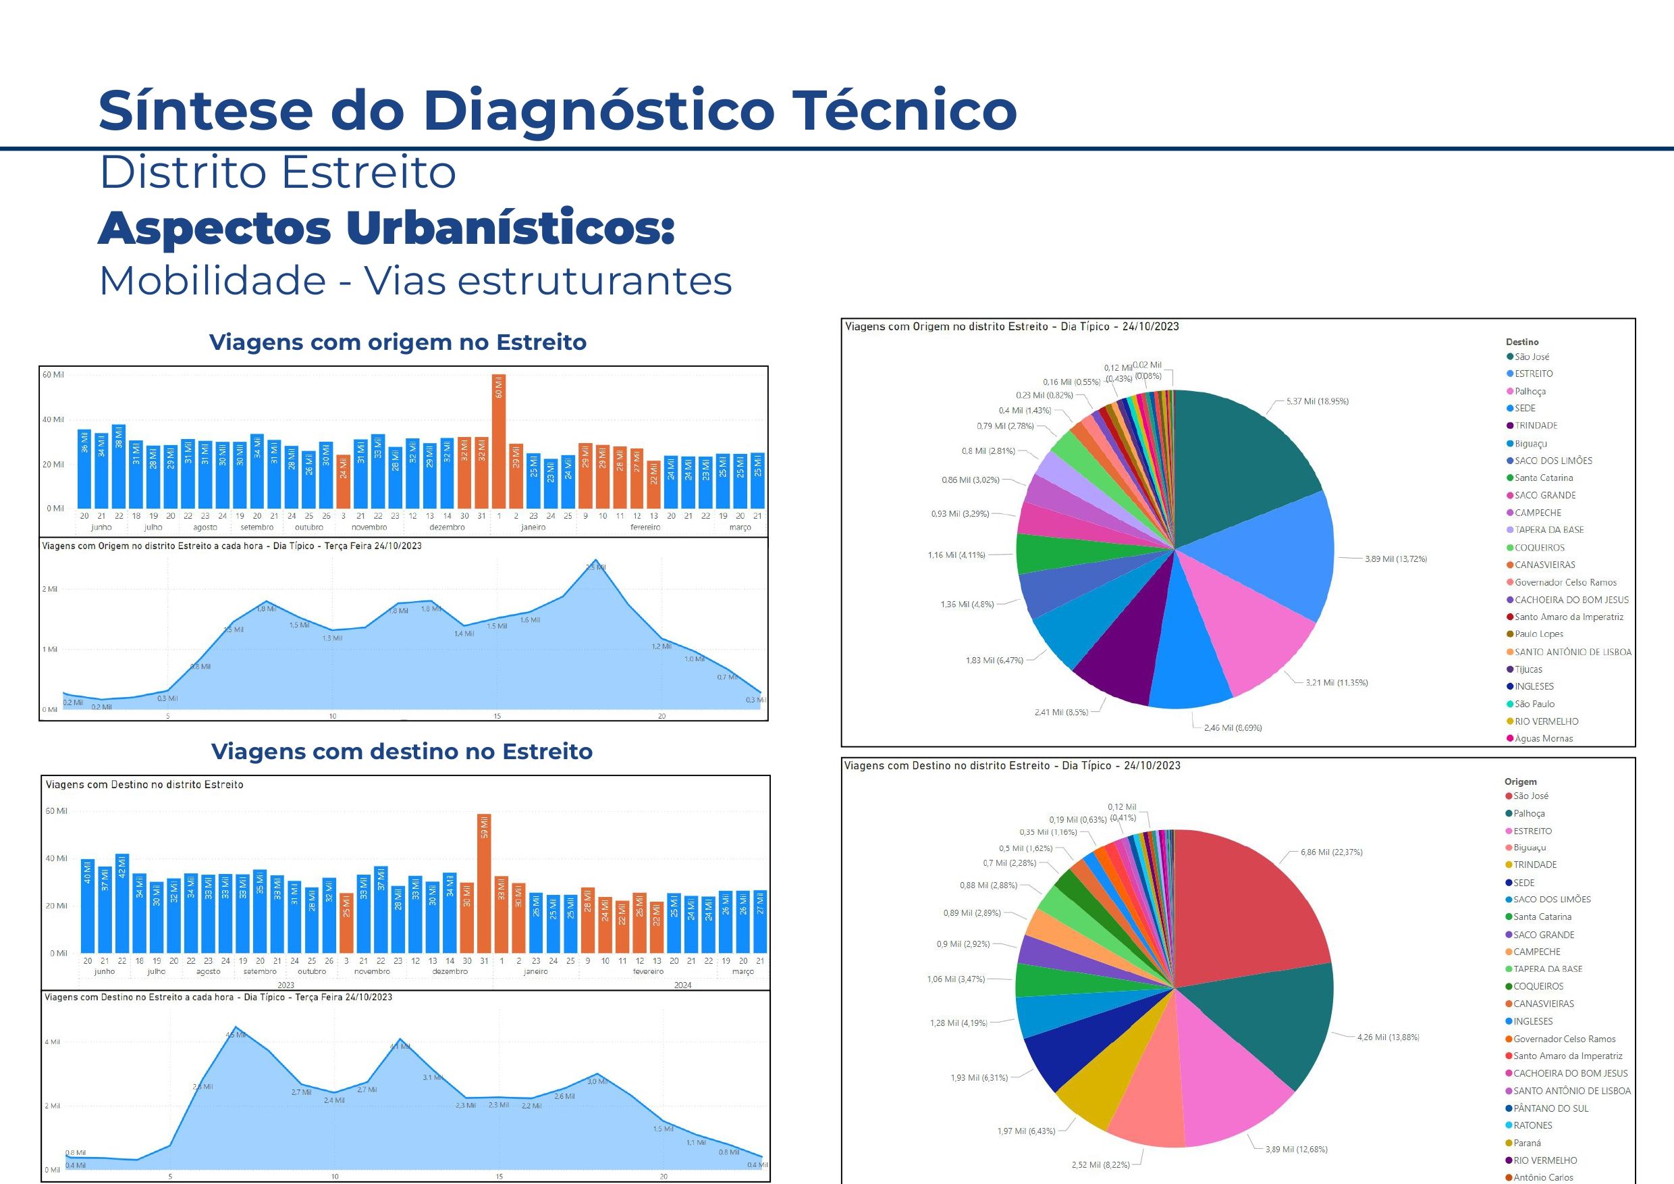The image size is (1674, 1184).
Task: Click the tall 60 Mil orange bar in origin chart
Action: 499,441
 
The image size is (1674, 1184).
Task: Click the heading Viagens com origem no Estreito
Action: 398,342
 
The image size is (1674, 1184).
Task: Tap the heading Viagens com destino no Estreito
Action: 401,752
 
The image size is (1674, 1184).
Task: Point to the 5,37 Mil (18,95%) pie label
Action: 1317,401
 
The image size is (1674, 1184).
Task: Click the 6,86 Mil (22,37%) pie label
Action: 1331,852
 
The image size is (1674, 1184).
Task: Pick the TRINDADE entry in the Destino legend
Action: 1535,426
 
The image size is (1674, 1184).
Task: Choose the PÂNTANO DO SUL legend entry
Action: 1549,1108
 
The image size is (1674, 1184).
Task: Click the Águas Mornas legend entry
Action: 1543,738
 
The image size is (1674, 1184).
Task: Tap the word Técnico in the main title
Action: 904,109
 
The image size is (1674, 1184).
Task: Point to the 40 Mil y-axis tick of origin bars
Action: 53,419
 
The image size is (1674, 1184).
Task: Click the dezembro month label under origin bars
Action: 446,527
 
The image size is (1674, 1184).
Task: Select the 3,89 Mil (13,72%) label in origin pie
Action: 1395,559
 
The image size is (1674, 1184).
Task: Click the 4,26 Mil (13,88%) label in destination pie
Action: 1388,1037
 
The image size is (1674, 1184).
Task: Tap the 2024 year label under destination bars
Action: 682,985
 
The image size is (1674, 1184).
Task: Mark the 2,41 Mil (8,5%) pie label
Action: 1061,712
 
